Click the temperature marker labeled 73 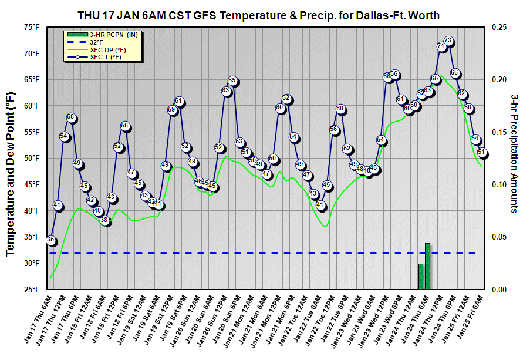pyautogui.click(x=448, y=41)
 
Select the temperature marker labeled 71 pyautogui.click(x=441, y=46)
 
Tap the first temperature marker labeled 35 pyautogui.click(x=50, y=240)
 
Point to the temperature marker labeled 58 pyautogui.click(x=71, y=117)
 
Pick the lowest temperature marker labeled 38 pyautogui.click(x=104, y=221)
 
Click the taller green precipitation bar pyautogui.click(x=428, y=266)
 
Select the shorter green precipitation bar pyautogui.click(x=421, y=277)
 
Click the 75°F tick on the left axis pyautogui.click(x=32, y=27)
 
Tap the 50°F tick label pyautogui.click(x=32, y=159)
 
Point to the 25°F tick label pyautogui.click(x=32, y=290)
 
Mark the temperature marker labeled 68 pyautogui.click(x=387, y=76)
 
